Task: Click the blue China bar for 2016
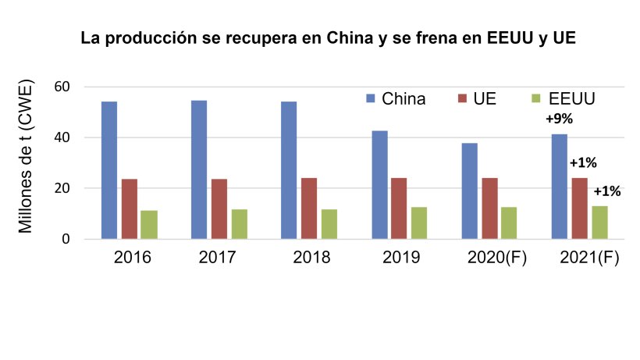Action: click(109, 170)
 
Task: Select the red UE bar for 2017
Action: click(219, 209)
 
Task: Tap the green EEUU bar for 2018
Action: click(329, 223)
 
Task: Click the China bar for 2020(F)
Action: click(469, 191)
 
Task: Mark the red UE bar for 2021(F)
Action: click(580, 208)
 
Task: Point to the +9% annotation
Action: click(559, 119)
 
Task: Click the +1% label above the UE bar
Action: click(583, 163)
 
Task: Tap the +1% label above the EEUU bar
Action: click(607, 191)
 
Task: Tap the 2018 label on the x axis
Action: click(311, 258)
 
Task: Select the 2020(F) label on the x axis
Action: click(497, 258)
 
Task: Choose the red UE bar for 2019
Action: click(399, 209)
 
